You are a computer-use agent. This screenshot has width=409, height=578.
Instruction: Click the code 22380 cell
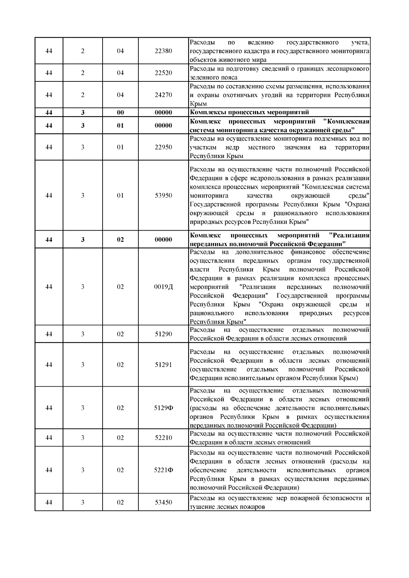[x=164, y=51]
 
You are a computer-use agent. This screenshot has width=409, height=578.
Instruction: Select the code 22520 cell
[x=164, y=73]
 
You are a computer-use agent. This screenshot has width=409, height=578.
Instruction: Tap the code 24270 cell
[x=164, y=95]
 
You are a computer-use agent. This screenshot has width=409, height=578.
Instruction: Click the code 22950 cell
[x=164, y=147]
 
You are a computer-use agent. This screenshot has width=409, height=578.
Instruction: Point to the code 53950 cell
[x=164, y=196]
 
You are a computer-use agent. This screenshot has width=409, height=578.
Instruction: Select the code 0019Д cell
[x=164, y=287]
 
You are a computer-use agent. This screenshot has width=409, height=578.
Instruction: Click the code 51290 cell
[x=164, y=334]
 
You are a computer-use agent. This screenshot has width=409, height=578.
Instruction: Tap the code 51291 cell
[x=164, y=365]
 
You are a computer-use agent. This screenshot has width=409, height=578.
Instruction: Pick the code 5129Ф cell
[x=164, y=408]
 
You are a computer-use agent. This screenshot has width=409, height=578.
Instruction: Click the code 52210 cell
[x=164, y=438]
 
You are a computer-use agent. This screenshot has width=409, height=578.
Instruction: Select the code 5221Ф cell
[x=164, y=470]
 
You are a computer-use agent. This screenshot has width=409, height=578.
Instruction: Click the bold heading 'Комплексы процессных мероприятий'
[x=249, y=112]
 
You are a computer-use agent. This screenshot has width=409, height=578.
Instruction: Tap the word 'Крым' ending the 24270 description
[x=198, y=104]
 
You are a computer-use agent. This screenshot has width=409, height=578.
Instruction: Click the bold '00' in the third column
[x=120, y=112]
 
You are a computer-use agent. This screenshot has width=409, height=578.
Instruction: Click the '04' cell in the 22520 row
[x=120, y=73]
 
